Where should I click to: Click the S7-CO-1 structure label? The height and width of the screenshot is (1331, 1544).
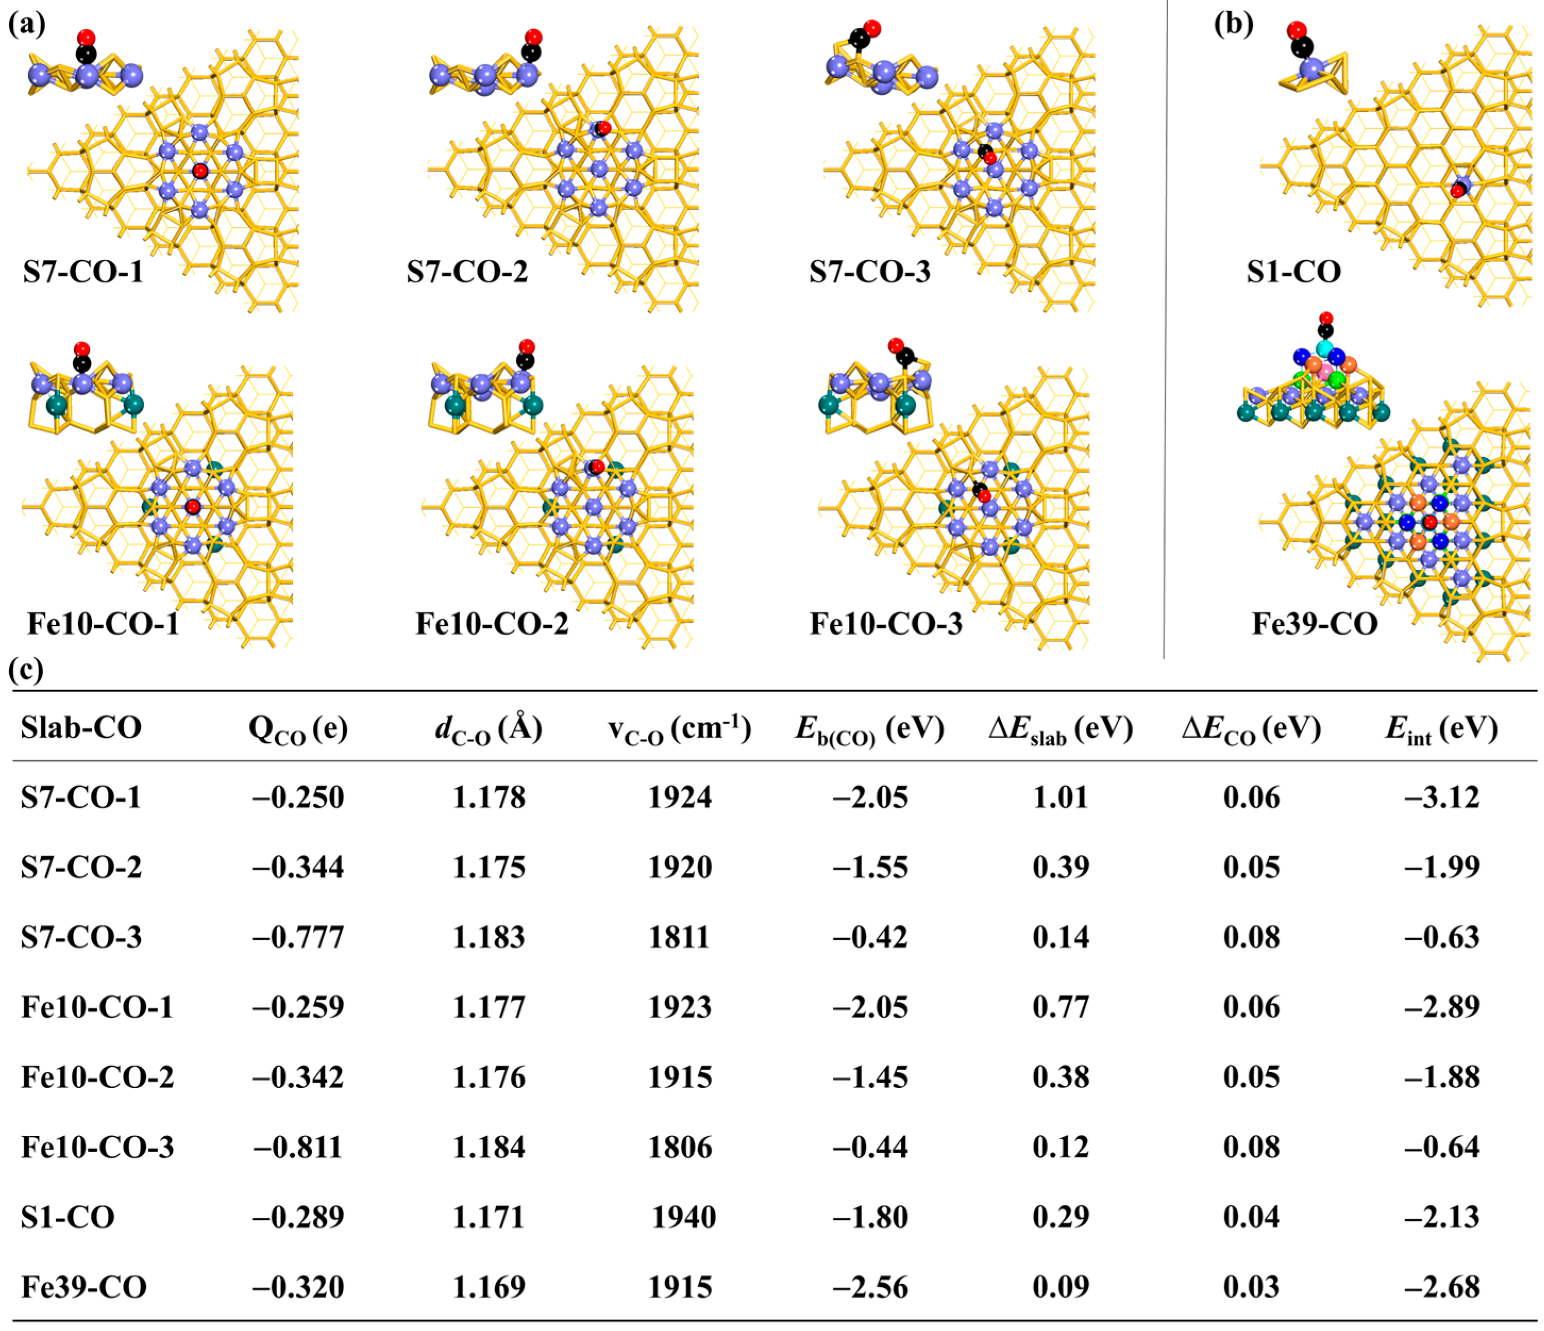tap(83, 272)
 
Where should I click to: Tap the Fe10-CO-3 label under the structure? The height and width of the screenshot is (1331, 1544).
tap(886, 624)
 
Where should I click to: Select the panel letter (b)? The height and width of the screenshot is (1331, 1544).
tap(1233, 24)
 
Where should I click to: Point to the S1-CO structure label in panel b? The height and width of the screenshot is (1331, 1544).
tap(1294, 272)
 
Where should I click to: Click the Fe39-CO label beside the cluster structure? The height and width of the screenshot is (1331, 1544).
tap(1314, 624)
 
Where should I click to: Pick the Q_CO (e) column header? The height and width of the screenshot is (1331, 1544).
tap(298, 728)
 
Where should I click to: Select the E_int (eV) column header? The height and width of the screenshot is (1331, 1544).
tap(1441, 728)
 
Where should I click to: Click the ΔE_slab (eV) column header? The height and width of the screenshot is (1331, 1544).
tap(1060, 728)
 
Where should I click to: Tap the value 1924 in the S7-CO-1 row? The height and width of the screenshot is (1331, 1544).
tap(680, 797)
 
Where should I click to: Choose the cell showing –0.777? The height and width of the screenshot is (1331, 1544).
tap(298, 937)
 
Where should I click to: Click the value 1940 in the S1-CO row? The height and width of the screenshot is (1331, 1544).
tap(684, 1217)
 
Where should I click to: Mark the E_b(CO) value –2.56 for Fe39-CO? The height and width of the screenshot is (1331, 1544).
tap(871, 1287)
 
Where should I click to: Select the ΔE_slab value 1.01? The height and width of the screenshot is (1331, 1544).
tap(1060, 797)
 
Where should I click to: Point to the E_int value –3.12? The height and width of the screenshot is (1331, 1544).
tap(1441, 797)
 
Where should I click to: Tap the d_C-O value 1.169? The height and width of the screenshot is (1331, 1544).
tap(489, 1287)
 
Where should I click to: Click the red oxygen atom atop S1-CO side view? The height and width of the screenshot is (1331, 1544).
tap(1297, 30)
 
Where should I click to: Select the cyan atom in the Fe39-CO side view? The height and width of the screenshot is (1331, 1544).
tap(1324, 349)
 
